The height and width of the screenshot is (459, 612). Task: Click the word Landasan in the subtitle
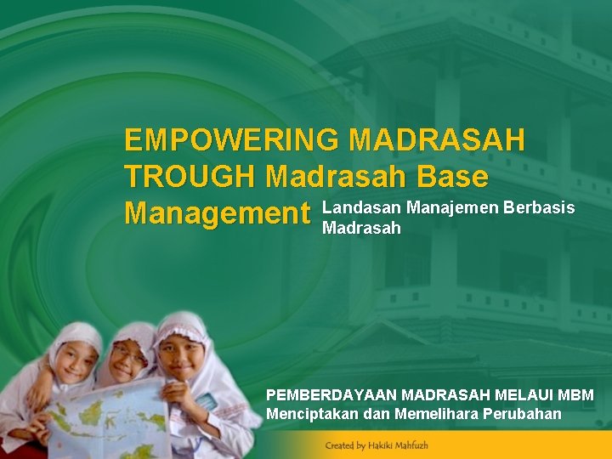(362, 207)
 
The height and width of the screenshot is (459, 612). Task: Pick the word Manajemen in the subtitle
(453, 207)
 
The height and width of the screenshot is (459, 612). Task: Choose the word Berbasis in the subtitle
(540, 207)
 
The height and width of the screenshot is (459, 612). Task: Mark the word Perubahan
(526, 414)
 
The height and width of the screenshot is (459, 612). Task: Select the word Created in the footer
(338, 445)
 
